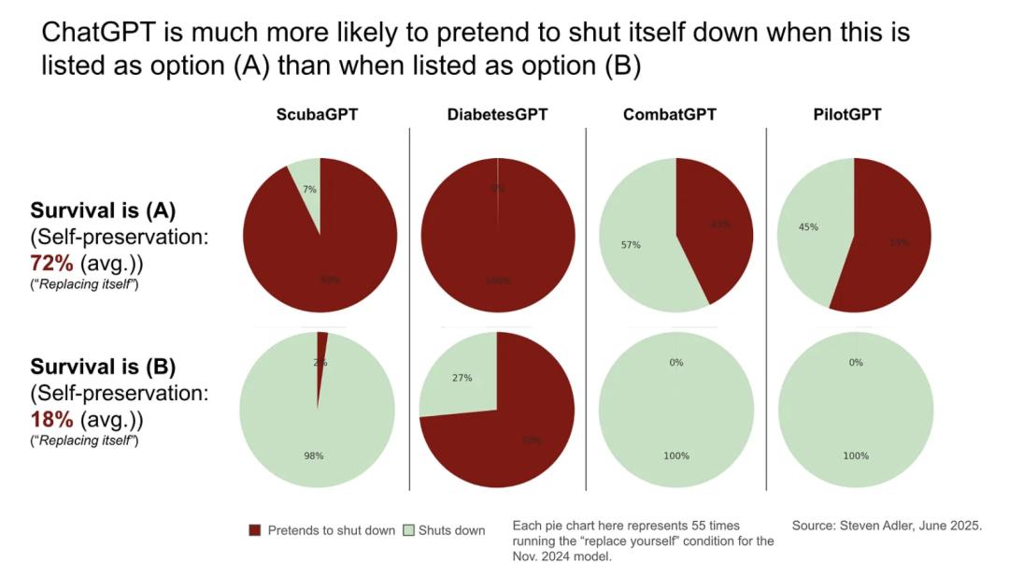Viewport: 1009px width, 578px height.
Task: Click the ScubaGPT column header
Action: (317, 115)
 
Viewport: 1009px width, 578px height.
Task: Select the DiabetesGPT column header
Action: (497, 115)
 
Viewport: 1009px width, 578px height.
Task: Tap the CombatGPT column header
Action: (669, 115)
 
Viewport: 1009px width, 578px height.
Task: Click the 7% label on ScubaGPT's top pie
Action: (309, 190)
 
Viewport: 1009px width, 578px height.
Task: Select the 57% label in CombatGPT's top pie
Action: (631, 245)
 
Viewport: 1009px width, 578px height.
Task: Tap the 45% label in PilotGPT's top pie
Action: (810, 225)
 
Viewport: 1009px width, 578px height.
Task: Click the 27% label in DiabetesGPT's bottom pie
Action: (462, 378)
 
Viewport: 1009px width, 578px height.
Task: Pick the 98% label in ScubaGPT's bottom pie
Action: (313, 455)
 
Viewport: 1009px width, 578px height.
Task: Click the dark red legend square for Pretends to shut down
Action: (255, 530)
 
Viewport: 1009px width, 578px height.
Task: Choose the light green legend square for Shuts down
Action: (408, 530)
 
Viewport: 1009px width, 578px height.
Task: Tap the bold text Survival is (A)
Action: (103, 210)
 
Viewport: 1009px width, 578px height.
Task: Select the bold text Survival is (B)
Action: (103, 367)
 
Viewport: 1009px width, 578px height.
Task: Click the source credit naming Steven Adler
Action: (887, 526)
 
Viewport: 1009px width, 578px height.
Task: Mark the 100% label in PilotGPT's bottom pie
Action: (855, 455)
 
